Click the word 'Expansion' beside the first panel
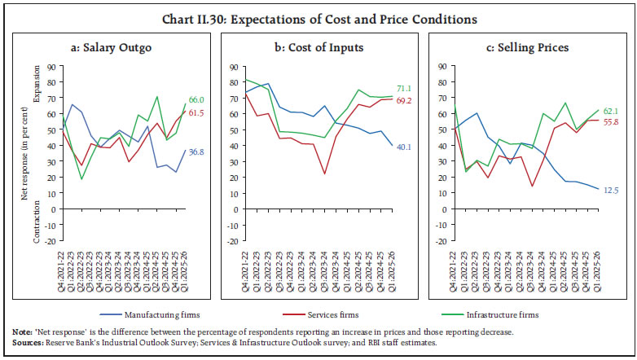click(x=35, y=84)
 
